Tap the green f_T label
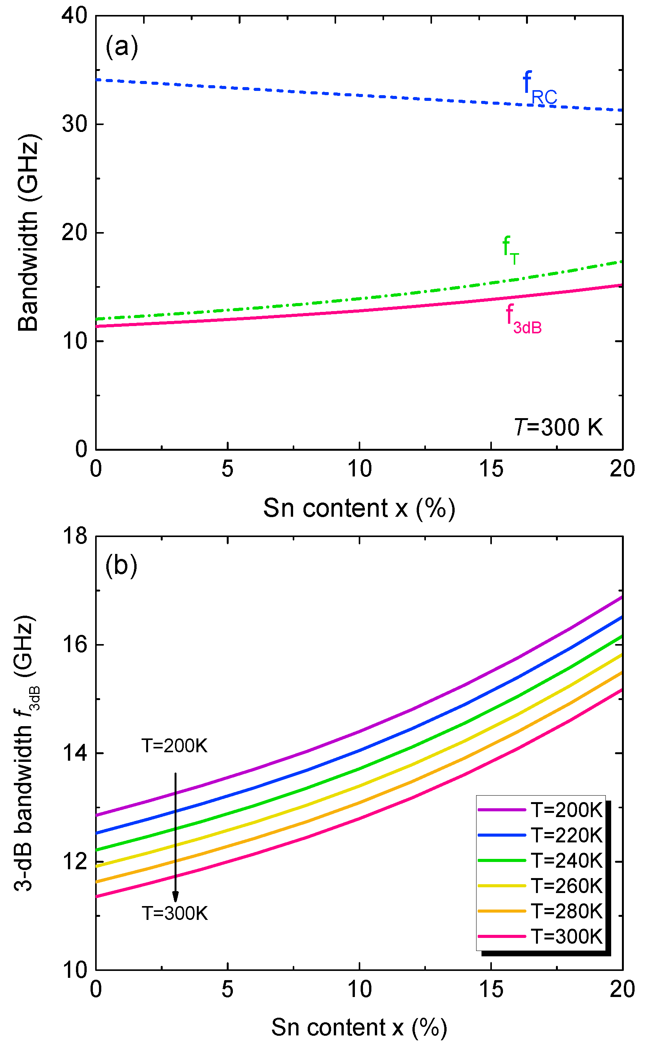(x=511, y=250)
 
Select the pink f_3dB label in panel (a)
(x=523, y=319)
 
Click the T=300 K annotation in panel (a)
(x=558, y=427)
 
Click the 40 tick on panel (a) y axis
(x=74, y=16)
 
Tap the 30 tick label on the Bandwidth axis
(x=74, y=124)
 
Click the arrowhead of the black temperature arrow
(x=175, y=897)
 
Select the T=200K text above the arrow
(x=175, y=746)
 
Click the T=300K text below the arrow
(x=175, y=913)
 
